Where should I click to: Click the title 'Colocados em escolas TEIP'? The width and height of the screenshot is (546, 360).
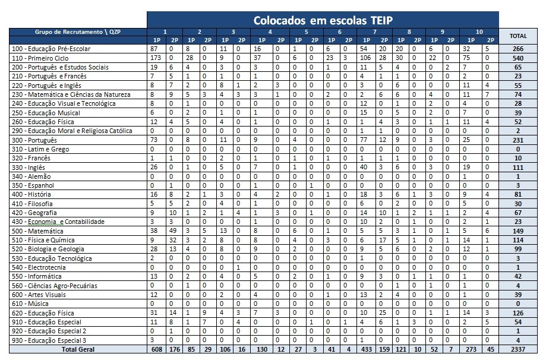323,20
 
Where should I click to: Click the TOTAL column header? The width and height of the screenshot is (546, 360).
518,36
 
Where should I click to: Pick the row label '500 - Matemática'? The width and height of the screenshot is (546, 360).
37,231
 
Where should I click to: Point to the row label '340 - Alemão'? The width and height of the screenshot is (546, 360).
32,176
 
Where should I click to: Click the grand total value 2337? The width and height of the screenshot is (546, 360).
518,349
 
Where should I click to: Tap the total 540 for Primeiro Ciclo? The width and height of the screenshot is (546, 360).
518,58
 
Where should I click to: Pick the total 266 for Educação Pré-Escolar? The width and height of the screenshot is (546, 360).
518,49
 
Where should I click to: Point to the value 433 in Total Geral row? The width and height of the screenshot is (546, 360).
364,349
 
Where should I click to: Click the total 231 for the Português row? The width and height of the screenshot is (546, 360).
518,140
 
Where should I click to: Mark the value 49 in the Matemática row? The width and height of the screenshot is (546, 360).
172,231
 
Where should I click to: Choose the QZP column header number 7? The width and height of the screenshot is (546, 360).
374,31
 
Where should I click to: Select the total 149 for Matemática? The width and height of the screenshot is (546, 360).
518,231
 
